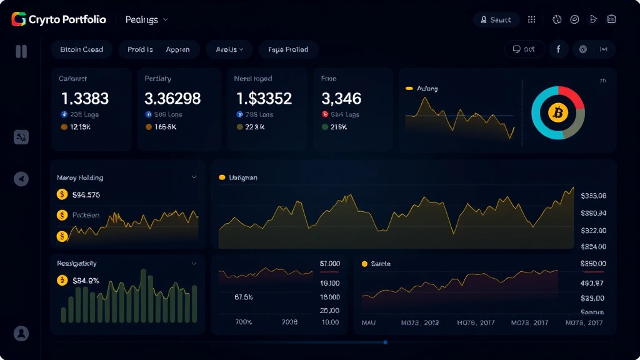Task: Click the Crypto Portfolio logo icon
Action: tap(18, 19)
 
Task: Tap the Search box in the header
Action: tap(496, 19)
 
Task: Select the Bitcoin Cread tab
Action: tap(81, 49)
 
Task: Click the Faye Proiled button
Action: tap(288, 49)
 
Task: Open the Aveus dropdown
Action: tap(230, 49)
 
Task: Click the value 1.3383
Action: tap(85, 98)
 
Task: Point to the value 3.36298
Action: tap(172, 98)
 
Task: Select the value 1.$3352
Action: tap(264, 98)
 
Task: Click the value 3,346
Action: tap(341, 98)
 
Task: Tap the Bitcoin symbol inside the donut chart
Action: tap(557, 113)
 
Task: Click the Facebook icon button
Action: tap(558, 49)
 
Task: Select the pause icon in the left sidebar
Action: tap(21, 51)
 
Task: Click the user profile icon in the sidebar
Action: tap(21, 333)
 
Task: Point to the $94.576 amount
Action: tap(86, 194)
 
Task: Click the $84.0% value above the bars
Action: tap(86, 281)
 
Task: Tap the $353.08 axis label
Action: tap(593, 196)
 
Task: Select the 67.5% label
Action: tap(243, 297)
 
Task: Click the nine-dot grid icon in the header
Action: tap(532, 19)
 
